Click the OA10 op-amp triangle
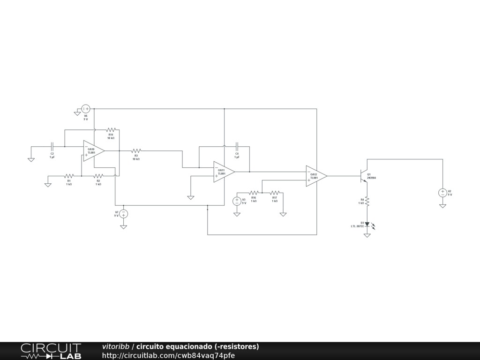point(93,150)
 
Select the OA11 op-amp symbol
point(223,172)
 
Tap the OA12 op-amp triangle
point(315,176)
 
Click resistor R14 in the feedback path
point(111,129)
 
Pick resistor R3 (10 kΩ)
point(136,150)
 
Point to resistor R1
point(69,176)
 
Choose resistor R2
point(98,176)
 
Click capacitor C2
point(52,146)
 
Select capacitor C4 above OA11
point(237,146)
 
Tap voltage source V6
point(86,109)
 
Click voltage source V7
point(123,214)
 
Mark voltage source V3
point(237,201)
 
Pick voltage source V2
point(442,193)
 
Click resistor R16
point(254,193)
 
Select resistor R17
point(275,193)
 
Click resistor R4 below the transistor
point(367,201)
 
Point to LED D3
point(367,225)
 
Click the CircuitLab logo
point(51,351)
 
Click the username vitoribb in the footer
point(115,346)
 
